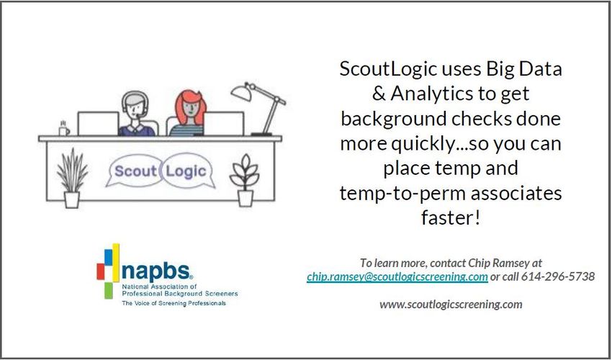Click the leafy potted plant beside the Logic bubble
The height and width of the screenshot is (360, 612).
click(245, 179)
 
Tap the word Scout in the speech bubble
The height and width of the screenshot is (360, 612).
click(135, 171)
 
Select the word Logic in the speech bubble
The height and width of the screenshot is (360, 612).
click(186, 171)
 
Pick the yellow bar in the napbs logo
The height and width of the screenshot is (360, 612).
click(116, 262)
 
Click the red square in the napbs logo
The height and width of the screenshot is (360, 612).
click(100, 271)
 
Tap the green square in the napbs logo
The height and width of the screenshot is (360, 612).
click(109, 290)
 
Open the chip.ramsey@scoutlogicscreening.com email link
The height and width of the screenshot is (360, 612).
click(397, 276)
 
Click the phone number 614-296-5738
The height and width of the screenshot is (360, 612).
click(558, 276)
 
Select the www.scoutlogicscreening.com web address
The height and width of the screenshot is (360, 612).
click(451, 304)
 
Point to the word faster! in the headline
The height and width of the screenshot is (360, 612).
click(450, 217)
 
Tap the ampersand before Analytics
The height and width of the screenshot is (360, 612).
click(379, 94)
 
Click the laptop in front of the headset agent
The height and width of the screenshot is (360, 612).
click(98, 123)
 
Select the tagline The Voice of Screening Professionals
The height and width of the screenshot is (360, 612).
click(174, 303)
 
